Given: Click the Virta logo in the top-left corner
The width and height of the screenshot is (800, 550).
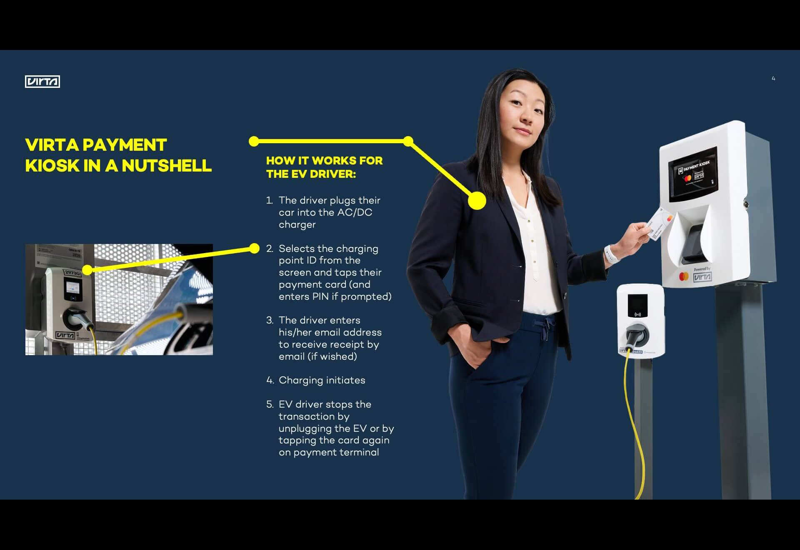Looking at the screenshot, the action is [x=42, y=82].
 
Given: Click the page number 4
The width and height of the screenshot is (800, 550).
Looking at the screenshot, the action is [x=773, y=78].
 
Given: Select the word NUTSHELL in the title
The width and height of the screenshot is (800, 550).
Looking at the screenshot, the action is [x=167, y=165].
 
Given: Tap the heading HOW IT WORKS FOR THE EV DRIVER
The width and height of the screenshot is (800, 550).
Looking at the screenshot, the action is [x=324, y=167].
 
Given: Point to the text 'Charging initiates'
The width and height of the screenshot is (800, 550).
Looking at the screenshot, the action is [x=322, y=380].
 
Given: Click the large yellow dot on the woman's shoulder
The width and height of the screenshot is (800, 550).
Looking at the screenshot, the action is [x=477, y=201].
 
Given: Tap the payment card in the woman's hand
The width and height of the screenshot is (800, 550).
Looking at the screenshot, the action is [x=660, y=223].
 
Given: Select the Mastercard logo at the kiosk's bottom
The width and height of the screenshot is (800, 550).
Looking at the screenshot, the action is [x=684, y=276].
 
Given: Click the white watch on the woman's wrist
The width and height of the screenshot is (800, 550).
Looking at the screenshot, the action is [x=610, y=254].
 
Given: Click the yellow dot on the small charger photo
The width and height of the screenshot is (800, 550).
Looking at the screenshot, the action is [x=87, y=270].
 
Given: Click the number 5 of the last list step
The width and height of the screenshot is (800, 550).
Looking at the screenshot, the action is [x=269, y=404].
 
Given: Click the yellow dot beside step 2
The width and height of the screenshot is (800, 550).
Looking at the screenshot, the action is [x=254, y=248].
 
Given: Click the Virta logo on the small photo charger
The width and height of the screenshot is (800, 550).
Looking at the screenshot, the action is [x=65, y=336].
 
